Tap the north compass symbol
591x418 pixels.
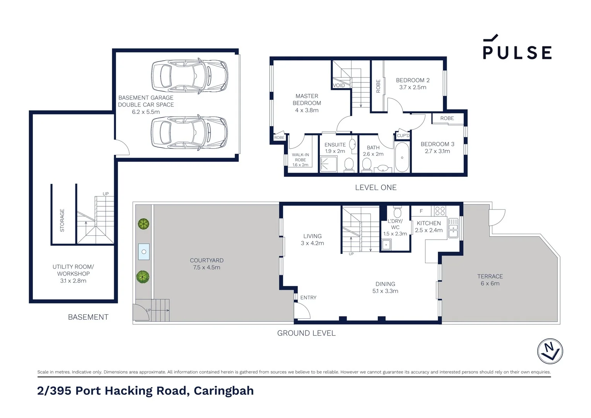[550, 351]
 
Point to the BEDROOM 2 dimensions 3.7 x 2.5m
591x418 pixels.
[413, 87]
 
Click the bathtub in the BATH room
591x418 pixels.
[402, 158]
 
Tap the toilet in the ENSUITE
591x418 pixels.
[349, 164]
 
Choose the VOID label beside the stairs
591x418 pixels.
[339, 86]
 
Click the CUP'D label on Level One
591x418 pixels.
[403, 135]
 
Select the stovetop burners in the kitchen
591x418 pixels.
[440, 211]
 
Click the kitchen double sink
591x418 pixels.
[453, 228]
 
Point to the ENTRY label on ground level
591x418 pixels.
[308, 298]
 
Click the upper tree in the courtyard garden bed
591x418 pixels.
[143, 224]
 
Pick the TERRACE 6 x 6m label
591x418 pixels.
[490, 280]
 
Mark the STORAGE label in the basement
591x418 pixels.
[62, 220]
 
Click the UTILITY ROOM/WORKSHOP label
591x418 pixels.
[73, 274]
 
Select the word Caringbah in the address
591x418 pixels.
[224, 391]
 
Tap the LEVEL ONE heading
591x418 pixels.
[376, 187]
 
